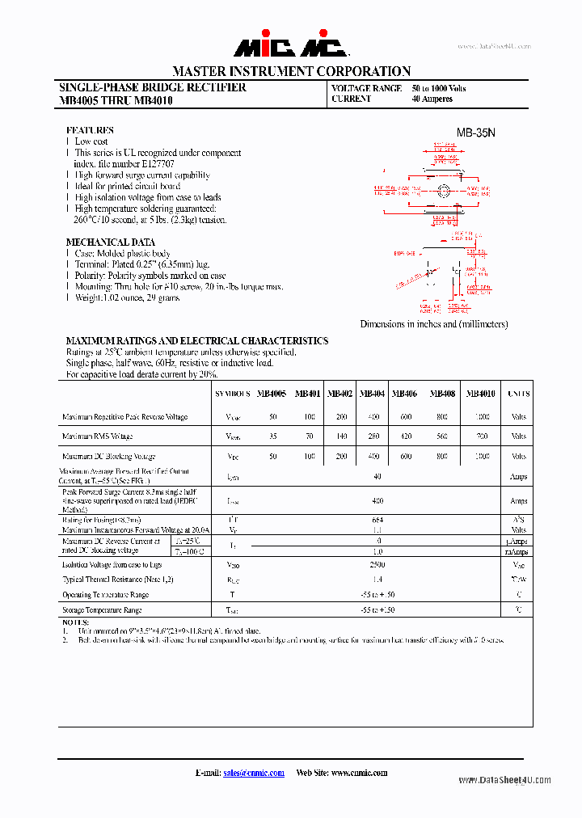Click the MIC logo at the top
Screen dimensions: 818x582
click(291, 48)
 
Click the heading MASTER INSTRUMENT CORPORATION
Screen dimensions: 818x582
click(291, 71)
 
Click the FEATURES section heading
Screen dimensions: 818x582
click(90, 130)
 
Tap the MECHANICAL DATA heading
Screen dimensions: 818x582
click(110, 242)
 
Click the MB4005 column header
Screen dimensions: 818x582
click(272, 394)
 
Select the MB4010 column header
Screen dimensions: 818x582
click(482, 394)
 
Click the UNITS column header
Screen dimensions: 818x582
click(518, 394)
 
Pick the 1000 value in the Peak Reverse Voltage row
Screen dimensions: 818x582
click(482, 417)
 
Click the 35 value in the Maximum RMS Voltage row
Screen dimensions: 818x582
click(272, 436)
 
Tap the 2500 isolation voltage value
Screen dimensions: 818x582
click(377, 565)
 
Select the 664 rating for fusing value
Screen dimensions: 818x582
click(377, 520)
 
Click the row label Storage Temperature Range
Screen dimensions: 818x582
click(102, 610)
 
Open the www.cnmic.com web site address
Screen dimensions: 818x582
click(359, 773)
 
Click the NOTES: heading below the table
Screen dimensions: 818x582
click(77, 623)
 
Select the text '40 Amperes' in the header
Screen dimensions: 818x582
click(432, 99)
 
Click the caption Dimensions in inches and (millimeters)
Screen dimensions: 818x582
click(434, 324)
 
